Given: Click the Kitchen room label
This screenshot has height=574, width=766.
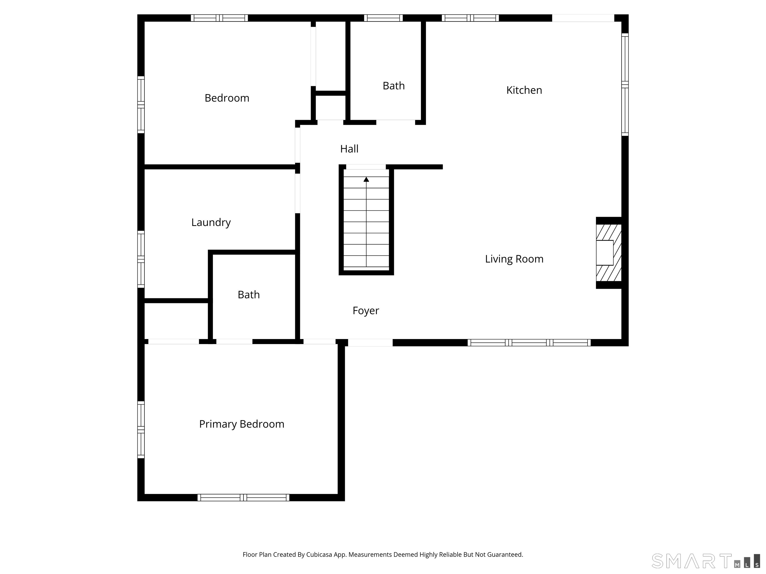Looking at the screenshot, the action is pyautogui.click(x=524, y=90).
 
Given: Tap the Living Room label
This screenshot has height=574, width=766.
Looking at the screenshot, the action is pyautogui.click(x=514, y=259).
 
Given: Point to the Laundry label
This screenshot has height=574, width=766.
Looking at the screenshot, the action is pyautogui.click(x=211, y=222).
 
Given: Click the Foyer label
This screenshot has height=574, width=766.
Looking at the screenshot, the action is pyautogui.click(x=366, y=310).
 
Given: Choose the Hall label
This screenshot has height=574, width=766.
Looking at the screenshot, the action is pyautogui.click(x=349, y=149).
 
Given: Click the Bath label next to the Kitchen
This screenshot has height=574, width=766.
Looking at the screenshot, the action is pyautogui.click(x=393, y=85).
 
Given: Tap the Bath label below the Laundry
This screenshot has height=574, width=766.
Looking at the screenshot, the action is pyautogui.click(x=249, y=294).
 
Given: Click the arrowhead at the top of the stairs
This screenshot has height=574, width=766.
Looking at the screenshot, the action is pyautogui.click(x=366, y=179).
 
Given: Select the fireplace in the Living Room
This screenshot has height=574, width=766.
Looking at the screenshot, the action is pyautogui.click(x=608, y=253).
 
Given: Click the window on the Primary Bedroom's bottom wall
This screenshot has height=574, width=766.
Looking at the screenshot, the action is pyautogui.click(x=243, y=498).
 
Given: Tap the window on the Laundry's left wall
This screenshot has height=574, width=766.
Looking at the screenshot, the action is pyautogui.click(x=141, y=259).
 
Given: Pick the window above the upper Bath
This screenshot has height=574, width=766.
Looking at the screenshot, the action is pyautogui.click(x=383, y=18).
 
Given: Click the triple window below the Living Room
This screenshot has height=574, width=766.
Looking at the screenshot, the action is pyautogui.click(x=529, y=343).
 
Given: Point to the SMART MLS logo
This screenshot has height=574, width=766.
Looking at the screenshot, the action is pyautogui.click(x=706, y=561).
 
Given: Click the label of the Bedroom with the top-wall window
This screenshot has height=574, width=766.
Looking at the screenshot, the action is pyautogui.click(x=227, y=98).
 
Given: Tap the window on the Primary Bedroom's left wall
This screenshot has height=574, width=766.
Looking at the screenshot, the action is pyautogui.click(x=141, y=430).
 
